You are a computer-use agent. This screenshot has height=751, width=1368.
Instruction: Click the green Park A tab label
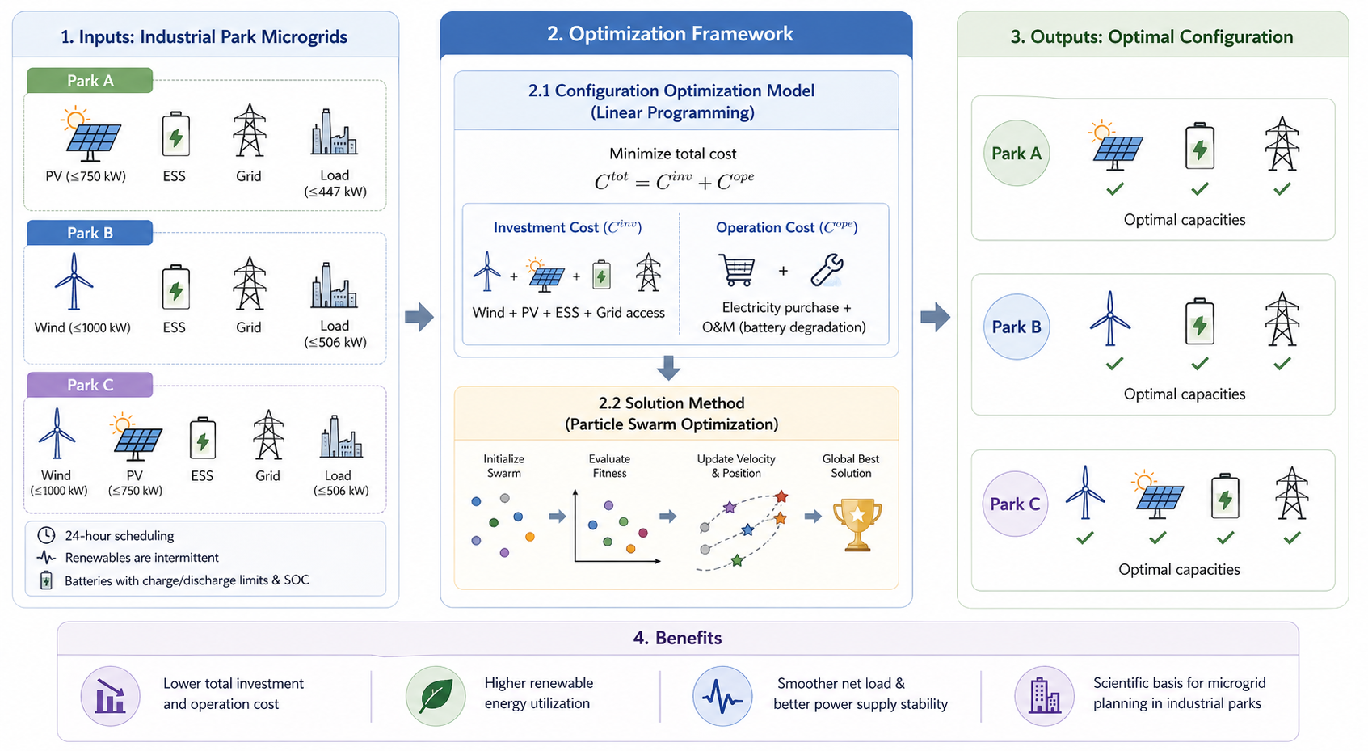(90, 81)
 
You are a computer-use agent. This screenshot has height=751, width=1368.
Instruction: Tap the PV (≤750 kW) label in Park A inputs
(86, 176)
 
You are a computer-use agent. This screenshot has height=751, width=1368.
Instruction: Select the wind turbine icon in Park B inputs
(74, 281)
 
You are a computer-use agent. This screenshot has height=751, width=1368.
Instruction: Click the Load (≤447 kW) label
(335, 184)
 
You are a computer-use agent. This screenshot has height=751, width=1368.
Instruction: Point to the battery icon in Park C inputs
(202, 440)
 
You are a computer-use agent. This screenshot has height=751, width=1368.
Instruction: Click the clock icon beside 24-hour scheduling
(47, 535)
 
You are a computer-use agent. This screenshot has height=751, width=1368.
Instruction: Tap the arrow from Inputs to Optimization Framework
(419, 317)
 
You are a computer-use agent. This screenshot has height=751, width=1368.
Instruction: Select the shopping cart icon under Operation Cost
(736, 270)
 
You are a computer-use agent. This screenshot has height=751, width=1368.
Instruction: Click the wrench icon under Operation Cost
(827, 270)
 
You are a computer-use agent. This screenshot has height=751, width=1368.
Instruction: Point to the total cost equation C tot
(674, 181)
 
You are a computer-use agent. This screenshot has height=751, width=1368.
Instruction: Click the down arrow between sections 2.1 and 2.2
(668, 368)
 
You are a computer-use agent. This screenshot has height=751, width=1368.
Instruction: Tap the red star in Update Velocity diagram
(781, 496)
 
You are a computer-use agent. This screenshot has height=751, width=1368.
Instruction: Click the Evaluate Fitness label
(609, 466)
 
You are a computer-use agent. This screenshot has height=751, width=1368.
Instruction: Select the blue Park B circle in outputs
(1016, 327)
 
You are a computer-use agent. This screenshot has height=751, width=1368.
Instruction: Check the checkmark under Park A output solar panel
(1115, 189)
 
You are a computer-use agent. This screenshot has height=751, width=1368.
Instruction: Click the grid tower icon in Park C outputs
(1291, 493)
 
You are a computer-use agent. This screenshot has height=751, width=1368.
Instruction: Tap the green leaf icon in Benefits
(436, 695)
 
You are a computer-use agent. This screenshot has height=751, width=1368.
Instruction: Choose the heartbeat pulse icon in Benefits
(722, 695)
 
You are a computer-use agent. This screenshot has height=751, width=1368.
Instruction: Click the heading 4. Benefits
(677, 638)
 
